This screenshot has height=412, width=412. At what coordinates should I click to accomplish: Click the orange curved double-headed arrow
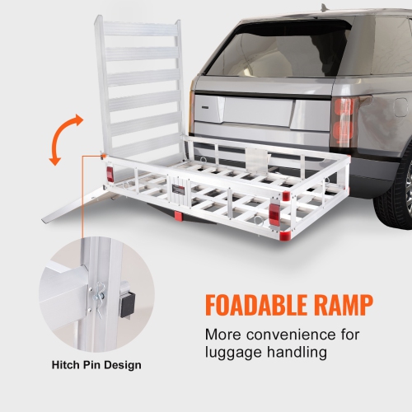coord(65,139)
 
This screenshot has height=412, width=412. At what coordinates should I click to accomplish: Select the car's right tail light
coord(342,119)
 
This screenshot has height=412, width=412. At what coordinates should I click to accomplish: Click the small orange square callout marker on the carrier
coord(102,155)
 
